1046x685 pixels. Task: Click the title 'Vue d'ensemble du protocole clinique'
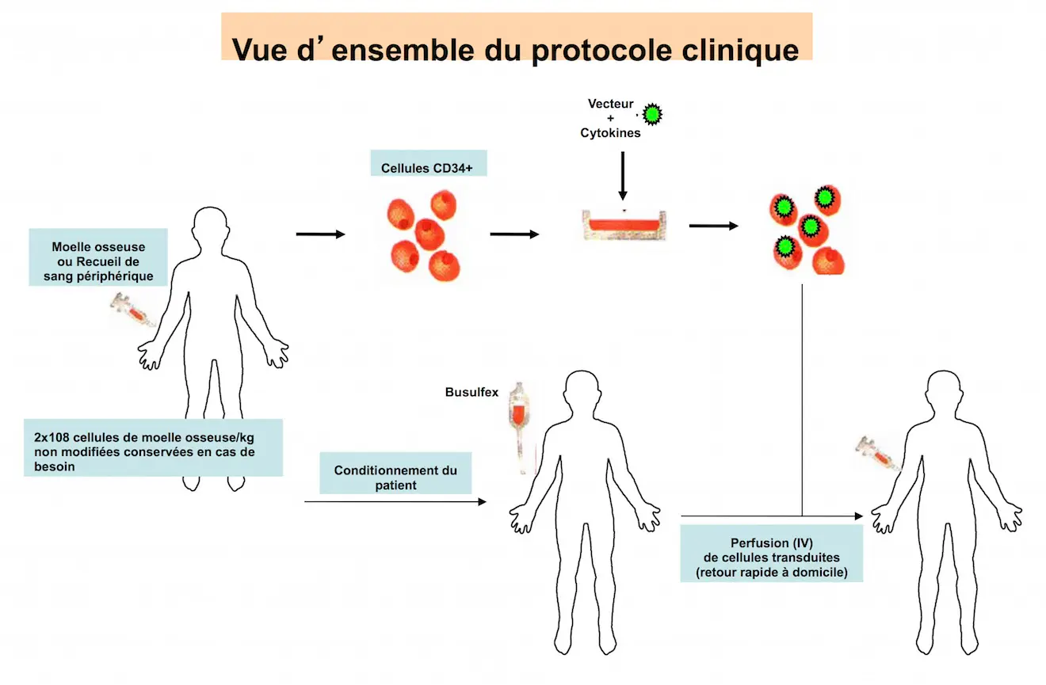[516, 49]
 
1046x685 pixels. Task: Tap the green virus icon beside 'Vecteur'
[651, 115]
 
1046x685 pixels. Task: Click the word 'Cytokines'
[610, 133]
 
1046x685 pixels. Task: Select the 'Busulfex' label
[471, 392]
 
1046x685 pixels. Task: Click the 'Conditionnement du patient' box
[395, 477]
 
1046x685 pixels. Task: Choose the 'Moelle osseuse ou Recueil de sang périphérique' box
[98, 257]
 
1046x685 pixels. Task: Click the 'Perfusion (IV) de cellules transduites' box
[771, 558]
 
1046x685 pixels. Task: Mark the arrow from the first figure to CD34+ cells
[320, 234]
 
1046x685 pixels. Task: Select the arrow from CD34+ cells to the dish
[514, 234]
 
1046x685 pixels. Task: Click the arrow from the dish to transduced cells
[713, 226]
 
